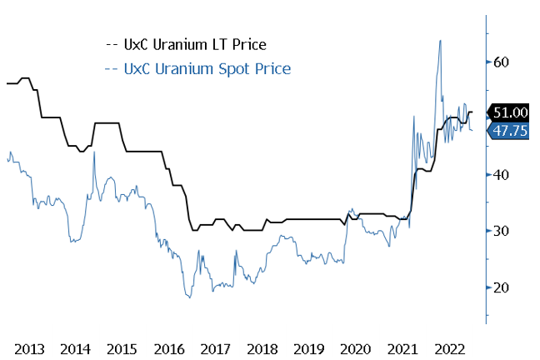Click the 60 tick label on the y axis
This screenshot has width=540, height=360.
(x=500, y=62)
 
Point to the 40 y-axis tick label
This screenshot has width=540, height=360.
(x=500, y=175)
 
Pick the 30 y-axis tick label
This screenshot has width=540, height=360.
(x=500, y=231)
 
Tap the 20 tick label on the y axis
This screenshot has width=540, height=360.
(x=500, y=287)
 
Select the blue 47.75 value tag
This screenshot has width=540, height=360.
(x=507, y=131)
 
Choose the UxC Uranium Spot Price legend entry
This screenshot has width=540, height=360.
(x=200, y=68)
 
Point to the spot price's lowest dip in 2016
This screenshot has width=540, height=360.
(x=189, y=297)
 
